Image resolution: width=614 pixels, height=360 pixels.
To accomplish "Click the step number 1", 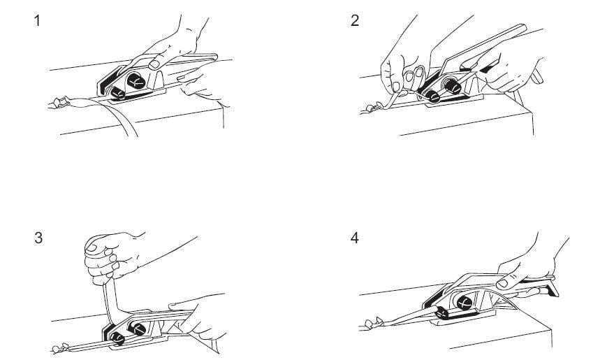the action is [x=37, y=21].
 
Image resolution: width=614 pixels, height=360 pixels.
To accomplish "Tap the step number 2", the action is [x=355, y=21].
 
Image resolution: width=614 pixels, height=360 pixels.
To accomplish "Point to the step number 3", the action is [x=38, y=238].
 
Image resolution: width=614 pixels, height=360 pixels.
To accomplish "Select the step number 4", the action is [x=355, y=238].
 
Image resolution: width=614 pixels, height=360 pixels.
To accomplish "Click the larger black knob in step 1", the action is [x=136, y=80].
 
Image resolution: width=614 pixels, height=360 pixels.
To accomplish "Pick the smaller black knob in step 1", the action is [x=117, y=93].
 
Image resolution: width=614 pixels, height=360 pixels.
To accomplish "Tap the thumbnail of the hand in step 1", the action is [x=154, y=64].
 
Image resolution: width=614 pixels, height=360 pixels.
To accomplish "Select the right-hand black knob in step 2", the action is [x=453, y=86].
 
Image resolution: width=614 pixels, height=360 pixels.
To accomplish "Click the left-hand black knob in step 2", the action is [x=433, y=96].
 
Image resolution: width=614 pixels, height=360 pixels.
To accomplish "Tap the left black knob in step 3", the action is [x=117, y=338].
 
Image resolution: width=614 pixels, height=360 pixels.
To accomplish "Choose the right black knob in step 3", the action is [x=138, y=329].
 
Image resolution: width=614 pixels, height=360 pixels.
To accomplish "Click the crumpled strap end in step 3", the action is [x=61, y=347].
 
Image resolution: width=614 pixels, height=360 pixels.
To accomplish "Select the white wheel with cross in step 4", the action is [x=465, y=303].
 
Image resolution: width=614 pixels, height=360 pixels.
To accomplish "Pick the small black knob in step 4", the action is [x=442, y=312].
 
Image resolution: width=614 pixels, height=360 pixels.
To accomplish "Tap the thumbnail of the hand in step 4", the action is [x=502, y=284].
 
